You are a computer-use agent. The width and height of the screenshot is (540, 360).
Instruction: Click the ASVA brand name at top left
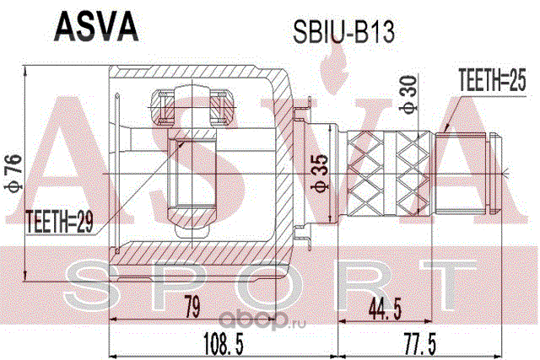tap(95, 25)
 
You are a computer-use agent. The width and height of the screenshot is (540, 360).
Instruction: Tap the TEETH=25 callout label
tap(490, 82)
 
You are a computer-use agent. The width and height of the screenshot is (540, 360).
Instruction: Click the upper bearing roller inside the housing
tap(192, 107)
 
